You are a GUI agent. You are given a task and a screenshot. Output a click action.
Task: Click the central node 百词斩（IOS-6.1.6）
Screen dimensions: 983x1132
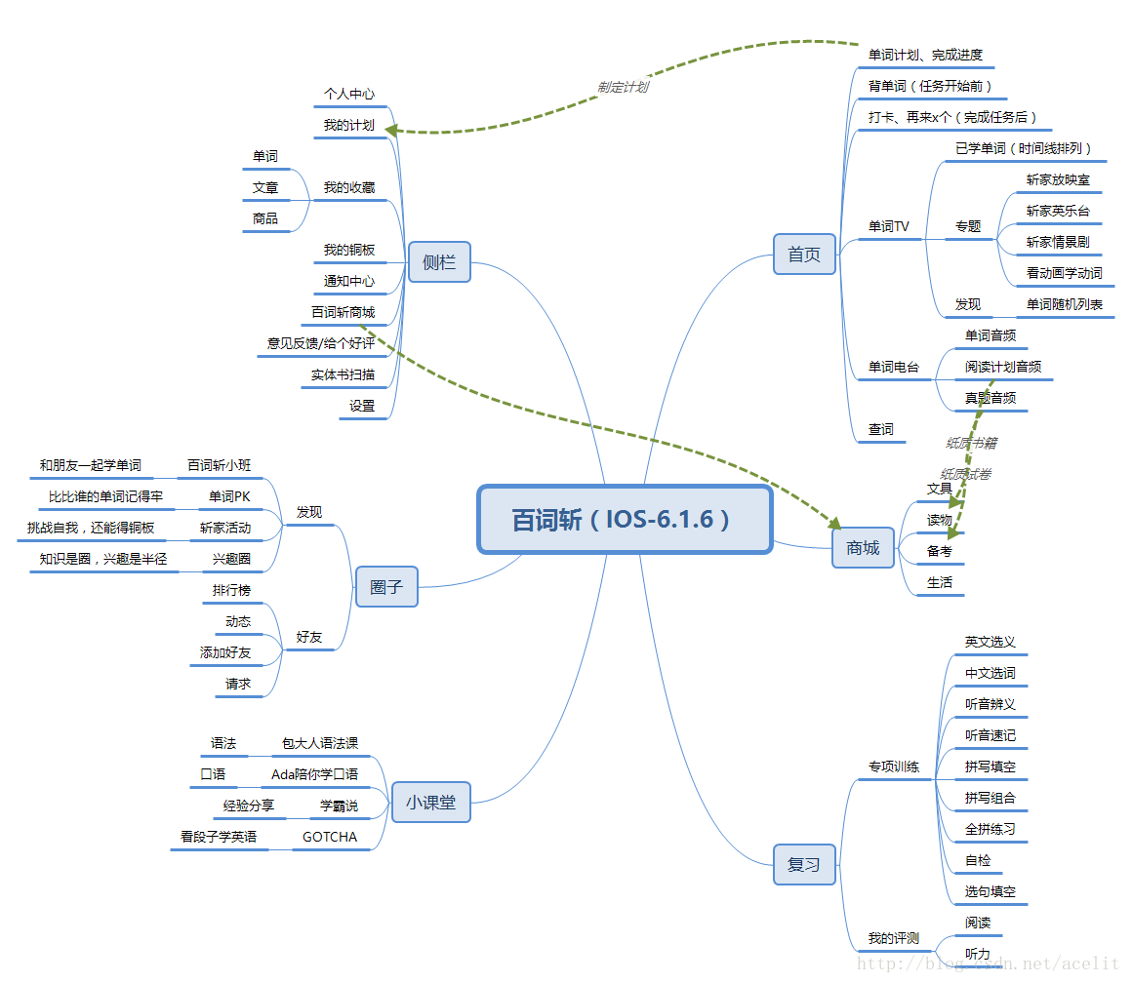625,520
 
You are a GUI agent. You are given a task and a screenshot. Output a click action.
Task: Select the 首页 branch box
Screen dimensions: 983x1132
804,256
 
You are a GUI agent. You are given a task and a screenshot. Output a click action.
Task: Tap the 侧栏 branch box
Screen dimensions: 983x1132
439,262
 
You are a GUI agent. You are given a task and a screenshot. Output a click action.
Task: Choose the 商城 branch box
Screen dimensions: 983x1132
863,548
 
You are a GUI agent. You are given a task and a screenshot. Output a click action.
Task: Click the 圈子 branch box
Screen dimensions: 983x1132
385,587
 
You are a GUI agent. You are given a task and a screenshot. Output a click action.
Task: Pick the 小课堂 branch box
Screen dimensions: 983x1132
430,803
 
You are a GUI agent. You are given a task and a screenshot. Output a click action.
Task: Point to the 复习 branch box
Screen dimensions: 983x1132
804,864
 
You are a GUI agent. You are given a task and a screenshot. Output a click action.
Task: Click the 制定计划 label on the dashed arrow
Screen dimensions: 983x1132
623,87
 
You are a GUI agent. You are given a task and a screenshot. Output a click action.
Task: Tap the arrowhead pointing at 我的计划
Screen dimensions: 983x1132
392,129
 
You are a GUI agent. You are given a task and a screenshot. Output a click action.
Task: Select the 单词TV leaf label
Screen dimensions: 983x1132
889,226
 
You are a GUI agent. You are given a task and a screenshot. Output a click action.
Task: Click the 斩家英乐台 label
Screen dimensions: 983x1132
1058,211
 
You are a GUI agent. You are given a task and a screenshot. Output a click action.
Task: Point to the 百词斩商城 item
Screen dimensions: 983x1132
343,312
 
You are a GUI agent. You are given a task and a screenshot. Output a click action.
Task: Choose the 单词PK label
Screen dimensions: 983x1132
229,496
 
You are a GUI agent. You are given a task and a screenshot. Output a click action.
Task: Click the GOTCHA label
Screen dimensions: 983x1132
330,837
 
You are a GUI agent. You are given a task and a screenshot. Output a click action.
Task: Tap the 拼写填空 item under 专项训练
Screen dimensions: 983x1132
990,767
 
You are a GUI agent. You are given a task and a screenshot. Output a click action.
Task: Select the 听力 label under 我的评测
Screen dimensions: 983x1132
977,954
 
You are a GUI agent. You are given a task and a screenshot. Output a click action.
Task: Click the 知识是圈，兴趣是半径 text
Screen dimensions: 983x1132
103,559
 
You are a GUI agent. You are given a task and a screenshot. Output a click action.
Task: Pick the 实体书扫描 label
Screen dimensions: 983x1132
343,374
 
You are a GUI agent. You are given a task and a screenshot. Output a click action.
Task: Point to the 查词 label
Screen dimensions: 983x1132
881,429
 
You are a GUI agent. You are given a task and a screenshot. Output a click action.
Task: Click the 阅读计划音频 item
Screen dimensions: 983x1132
1002,367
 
